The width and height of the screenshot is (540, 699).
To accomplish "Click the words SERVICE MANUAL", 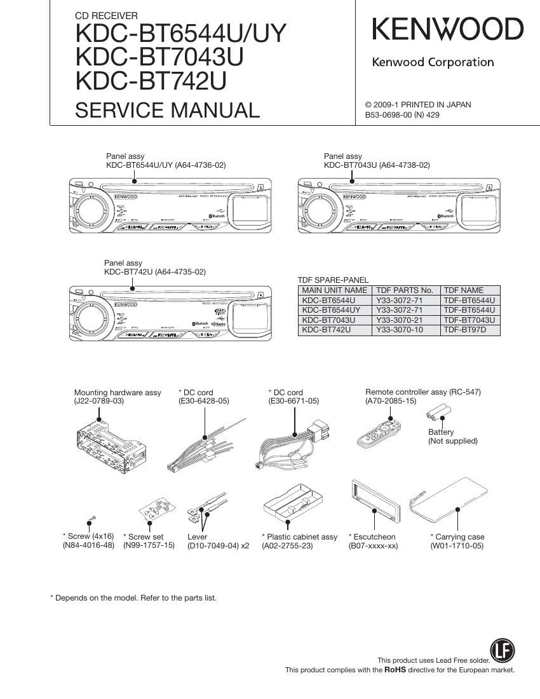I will (167, 110).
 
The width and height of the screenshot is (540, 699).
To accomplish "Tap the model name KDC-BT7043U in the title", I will (159, 57).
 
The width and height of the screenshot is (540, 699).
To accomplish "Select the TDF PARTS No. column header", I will (405, 290).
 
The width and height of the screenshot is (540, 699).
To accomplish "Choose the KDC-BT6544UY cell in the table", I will (332, 310).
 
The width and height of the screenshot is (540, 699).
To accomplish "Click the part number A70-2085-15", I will (390, 402).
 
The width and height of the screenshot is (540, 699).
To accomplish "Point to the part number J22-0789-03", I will (98, 402).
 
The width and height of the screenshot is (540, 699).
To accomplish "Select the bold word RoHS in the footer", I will (395, 670).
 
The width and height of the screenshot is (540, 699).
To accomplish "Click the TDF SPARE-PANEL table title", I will (333, 280).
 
